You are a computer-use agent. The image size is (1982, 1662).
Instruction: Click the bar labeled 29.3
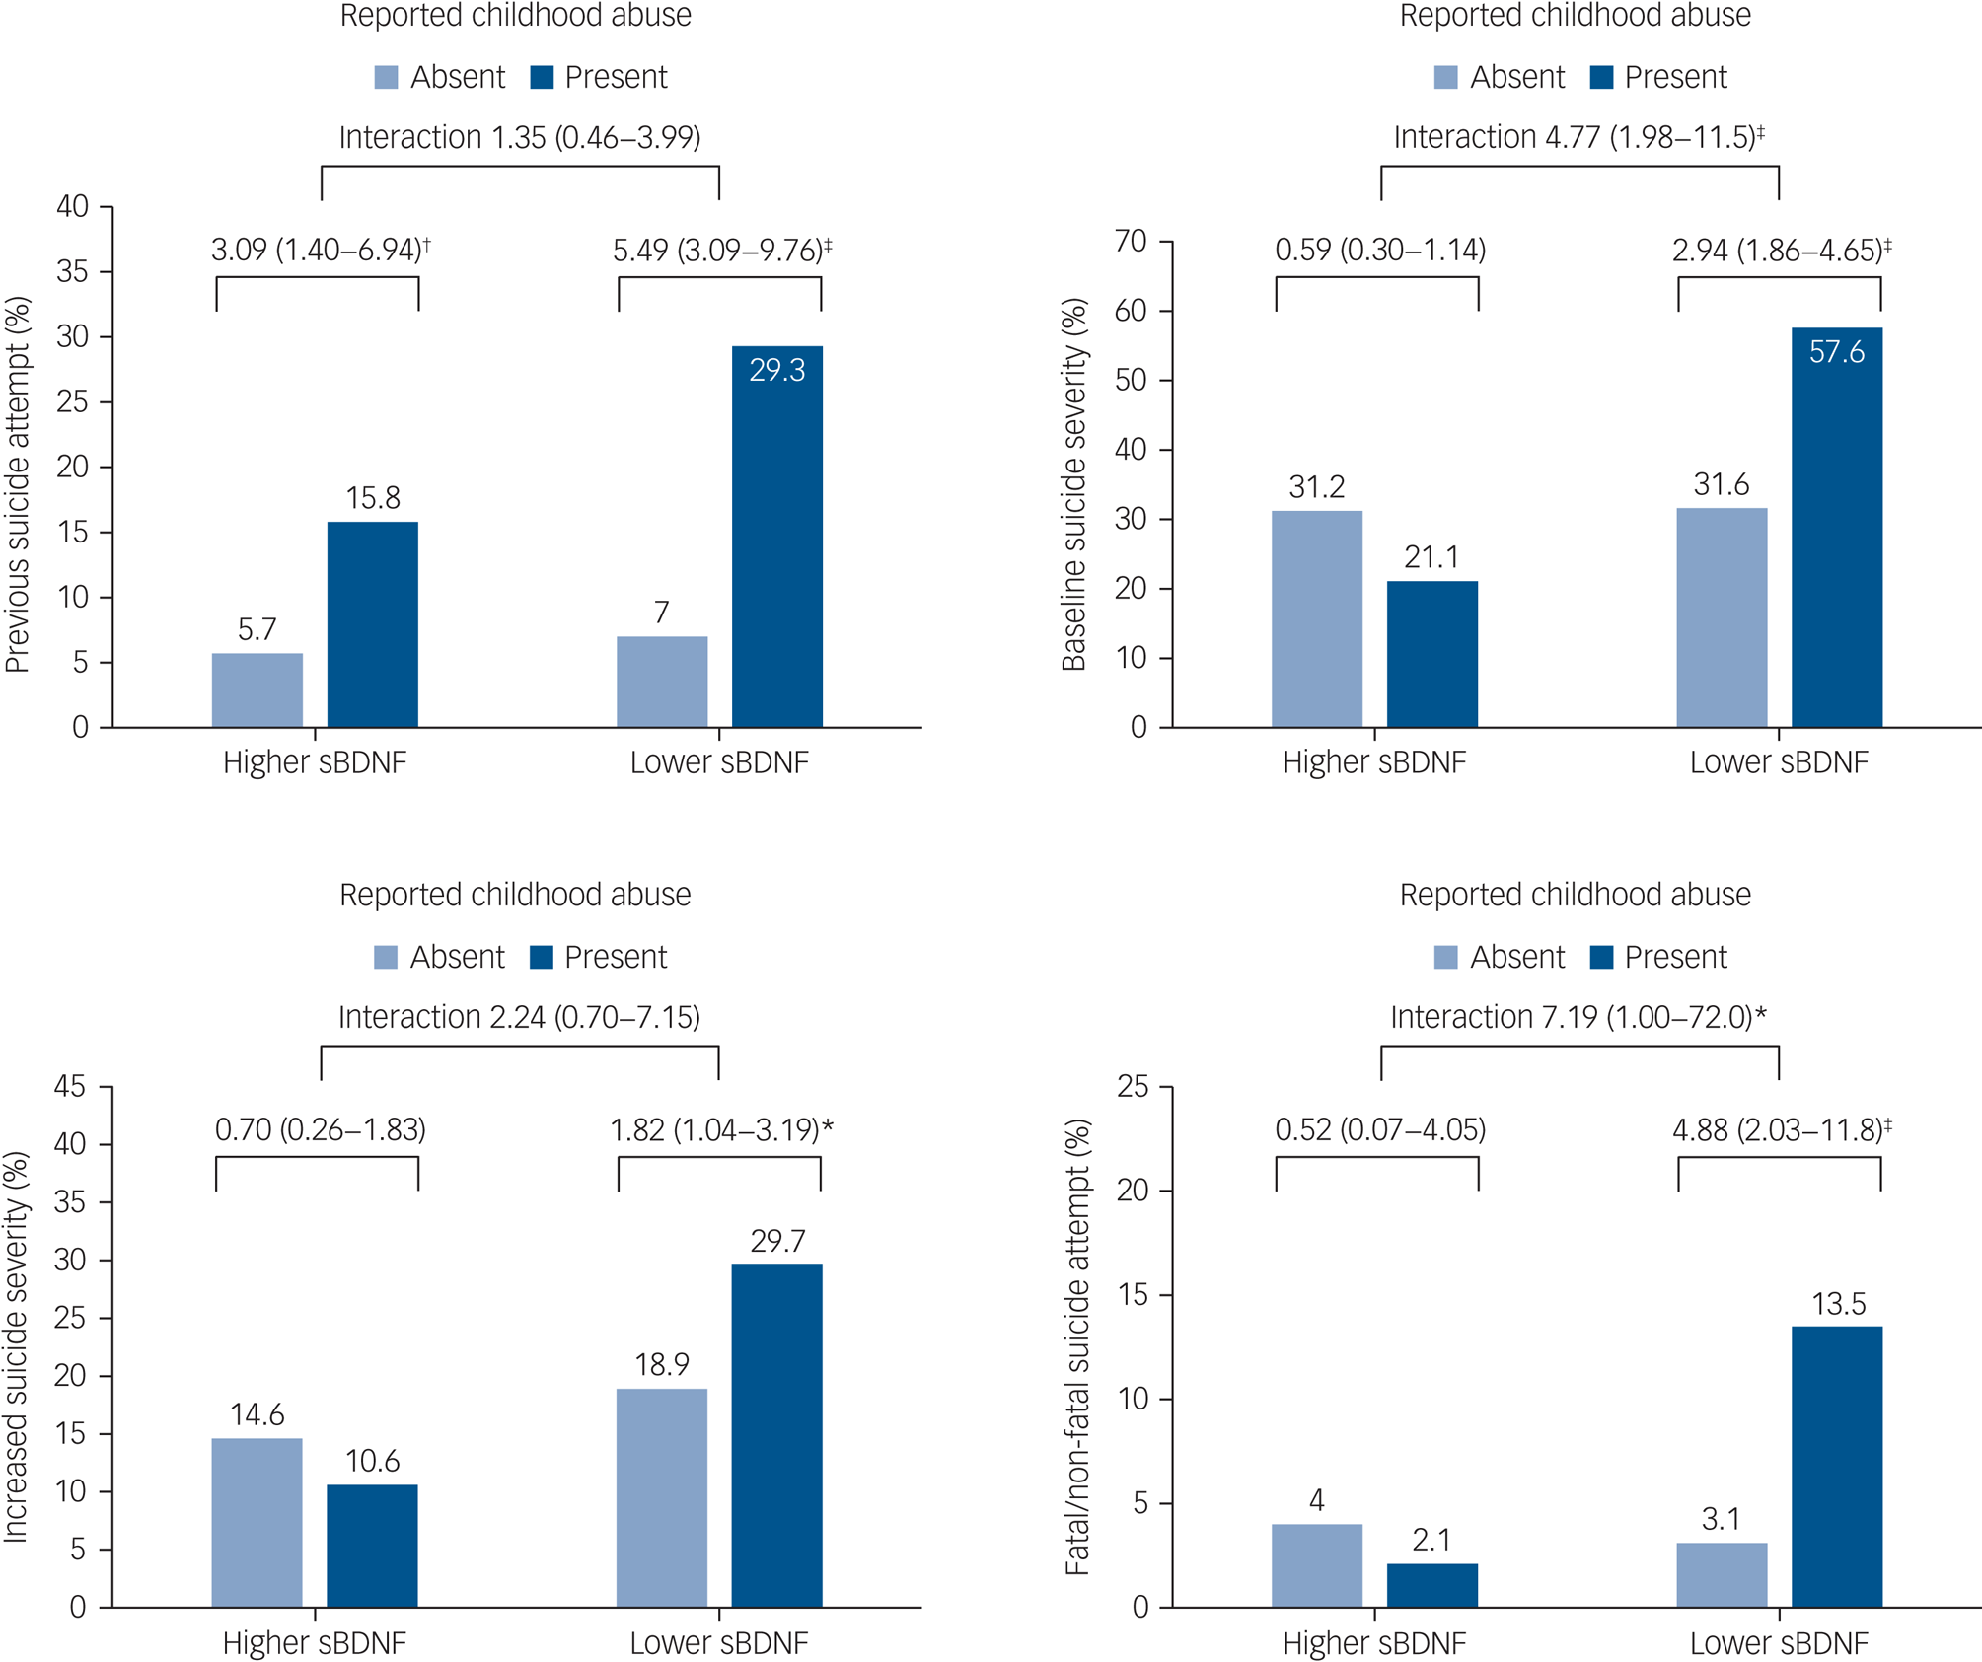(776, 537)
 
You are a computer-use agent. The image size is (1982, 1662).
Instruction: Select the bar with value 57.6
(1836, 528)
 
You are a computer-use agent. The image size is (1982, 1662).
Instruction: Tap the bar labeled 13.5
(1836, 1467)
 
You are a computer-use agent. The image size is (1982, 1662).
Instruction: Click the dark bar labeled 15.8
(372, 624)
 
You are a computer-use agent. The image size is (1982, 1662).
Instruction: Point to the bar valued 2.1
(1431, 1585)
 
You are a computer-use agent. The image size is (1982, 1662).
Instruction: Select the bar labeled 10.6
(372, 1546)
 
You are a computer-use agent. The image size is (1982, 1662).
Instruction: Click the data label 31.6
(1722, 484)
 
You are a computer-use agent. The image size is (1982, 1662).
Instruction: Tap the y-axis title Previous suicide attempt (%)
(18, 484)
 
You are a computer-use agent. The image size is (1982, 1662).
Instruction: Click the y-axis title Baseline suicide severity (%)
(1073, 484)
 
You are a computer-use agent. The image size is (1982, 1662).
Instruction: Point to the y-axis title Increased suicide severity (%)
(16, 1346)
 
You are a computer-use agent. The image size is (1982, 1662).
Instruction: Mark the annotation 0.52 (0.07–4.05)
(1379, 1129)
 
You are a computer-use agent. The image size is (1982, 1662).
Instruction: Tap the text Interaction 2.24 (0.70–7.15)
(519, 1017)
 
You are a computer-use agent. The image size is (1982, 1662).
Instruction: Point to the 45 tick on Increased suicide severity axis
(71, 1087)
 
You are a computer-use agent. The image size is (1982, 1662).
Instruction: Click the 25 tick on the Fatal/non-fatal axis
(1133, 1087)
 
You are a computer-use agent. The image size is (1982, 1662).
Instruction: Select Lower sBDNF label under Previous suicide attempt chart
(719, 762)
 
